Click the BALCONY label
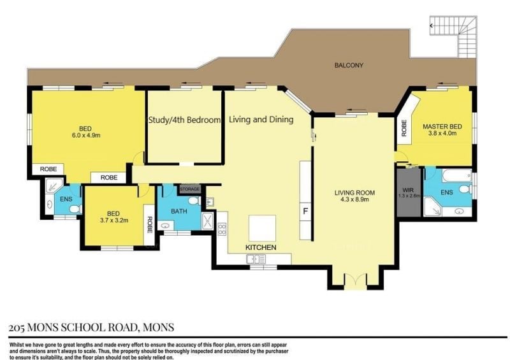click(349, 65)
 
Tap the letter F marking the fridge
click(305, 212)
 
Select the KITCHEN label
click(261, 247)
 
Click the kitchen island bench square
click(262, 228)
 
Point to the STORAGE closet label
click(189, 189)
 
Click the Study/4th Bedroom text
click(184, 120)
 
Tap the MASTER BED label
click(442, 127)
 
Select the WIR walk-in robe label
click(408, 190)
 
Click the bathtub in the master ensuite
click(457, 176)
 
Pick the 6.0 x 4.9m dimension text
click(86, 135)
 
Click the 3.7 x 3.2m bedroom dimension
click(113, 220)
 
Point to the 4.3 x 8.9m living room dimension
click(354, 199)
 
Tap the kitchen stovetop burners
click(222, 229)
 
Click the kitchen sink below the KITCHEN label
click(256, 259)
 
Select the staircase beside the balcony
click(453, 36)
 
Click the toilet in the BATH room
click(195, 201)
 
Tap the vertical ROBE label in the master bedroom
click(404, 128)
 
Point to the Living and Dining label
click(261, 120)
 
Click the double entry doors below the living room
click(355, 282)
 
